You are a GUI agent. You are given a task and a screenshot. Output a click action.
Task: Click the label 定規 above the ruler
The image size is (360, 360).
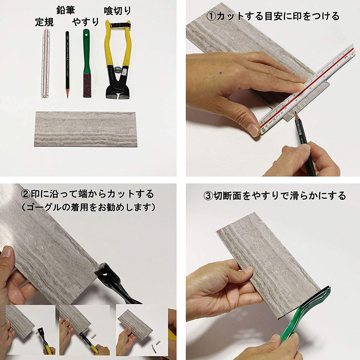[44, 22]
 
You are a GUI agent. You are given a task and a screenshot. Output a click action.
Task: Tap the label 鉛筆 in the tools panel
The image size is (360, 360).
[66, 10]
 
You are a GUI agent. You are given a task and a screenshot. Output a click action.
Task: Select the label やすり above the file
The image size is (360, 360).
[85, 22]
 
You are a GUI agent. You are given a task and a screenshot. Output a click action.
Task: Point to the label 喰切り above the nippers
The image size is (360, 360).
[117, 11]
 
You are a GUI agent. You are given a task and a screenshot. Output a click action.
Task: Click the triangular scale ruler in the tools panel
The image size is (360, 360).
[46, 63]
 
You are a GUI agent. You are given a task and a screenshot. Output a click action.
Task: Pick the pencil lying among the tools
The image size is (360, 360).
[67, 65]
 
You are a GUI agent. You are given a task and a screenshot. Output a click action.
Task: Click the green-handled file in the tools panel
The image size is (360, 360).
[86, 63]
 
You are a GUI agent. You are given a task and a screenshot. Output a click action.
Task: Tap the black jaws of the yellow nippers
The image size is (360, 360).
[117, 86]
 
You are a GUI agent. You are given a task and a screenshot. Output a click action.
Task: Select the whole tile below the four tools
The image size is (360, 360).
[86, 129]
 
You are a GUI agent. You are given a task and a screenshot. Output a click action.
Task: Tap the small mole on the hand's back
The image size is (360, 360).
[221, 73]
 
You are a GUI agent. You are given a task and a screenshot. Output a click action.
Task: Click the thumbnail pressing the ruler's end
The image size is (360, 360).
[253, 130]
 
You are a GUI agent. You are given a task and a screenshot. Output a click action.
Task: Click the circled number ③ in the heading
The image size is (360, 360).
[208, 196]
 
